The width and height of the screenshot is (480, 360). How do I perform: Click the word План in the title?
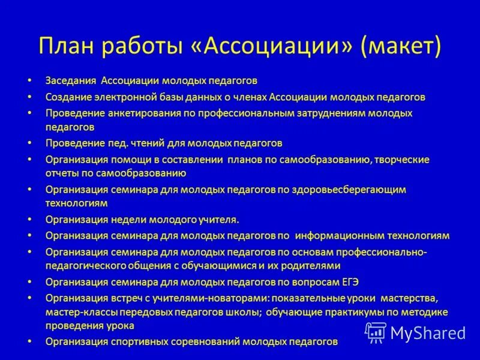pos(65,46)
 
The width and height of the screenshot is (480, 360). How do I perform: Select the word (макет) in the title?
pos(401,46)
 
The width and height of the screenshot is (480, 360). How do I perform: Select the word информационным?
pos(337,236)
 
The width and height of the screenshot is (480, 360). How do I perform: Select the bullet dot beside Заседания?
pos(29,80)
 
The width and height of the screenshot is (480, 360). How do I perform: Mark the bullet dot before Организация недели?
pos(29,220)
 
